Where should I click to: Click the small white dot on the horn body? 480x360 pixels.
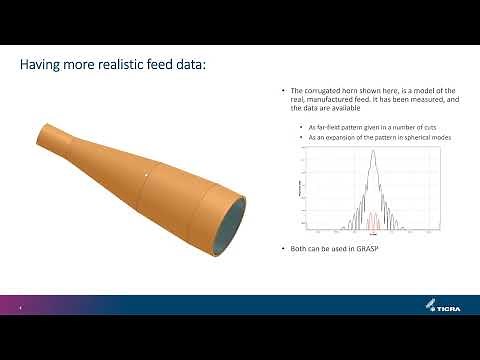(147, 176)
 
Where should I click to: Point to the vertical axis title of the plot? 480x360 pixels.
(301, 190)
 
